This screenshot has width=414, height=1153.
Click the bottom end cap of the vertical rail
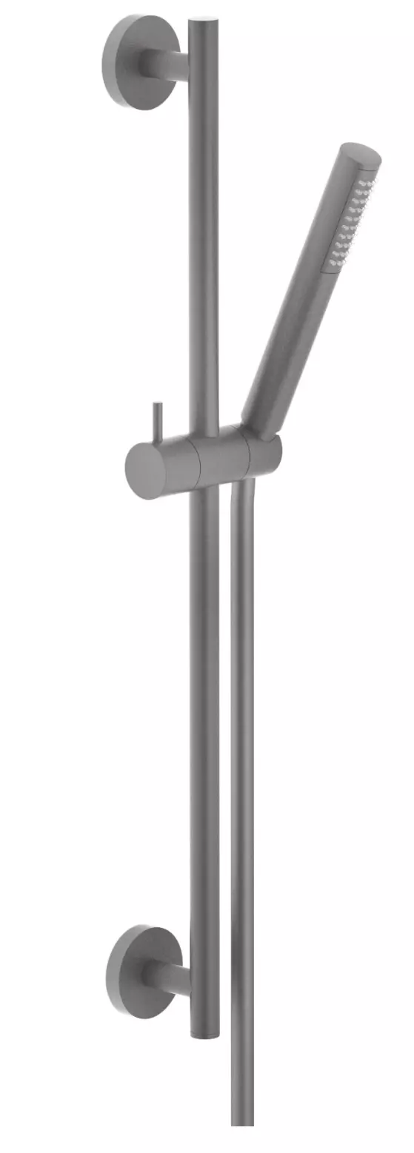click(205, 1032)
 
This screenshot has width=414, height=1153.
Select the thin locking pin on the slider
click(157, 422)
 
